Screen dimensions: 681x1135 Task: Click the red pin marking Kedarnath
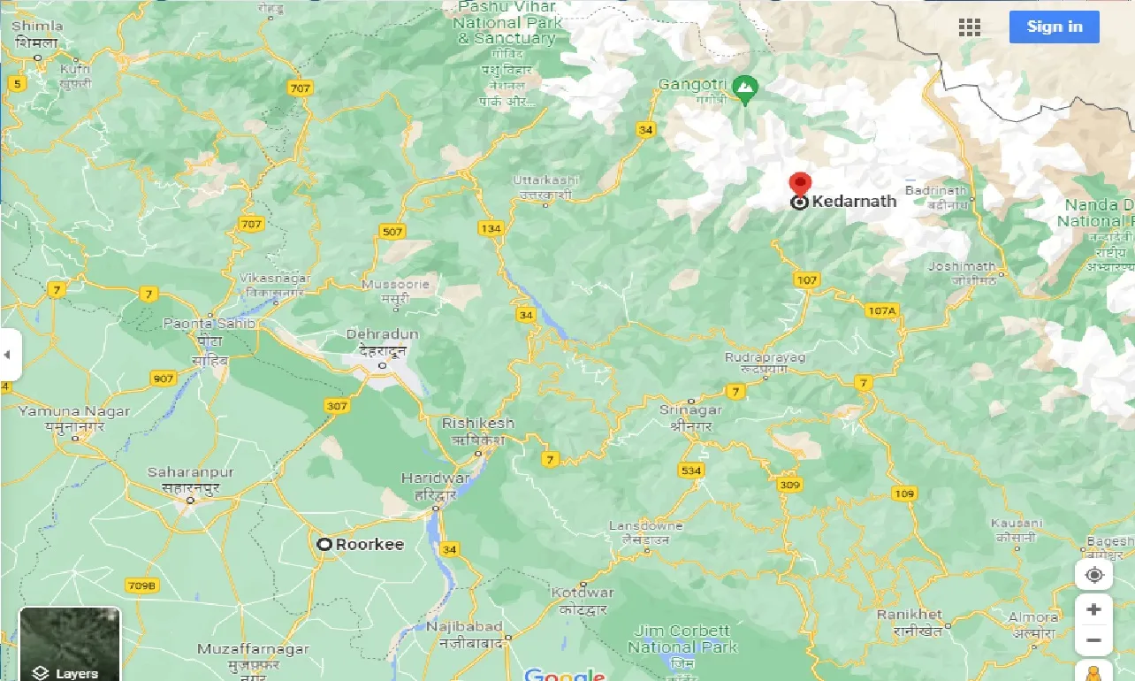[x=800, y=184]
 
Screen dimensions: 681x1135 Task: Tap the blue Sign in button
[x=1054, y=27]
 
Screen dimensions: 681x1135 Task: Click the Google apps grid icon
[x=970, y=27]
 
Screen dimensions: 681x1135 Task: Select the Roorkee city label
[x=369, y=545]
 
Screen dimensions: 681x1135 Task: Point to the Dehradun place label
[x=382, y=334]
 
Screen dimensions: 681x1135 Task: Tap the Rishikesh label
[x=477, y=425]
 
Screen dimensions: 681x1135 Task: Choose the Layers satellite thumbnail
[x=70, y=643]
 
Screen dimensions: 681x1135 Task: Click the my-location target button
[x=1093, y=576]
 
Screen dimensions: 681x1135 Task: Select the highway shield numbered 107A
[x=881, y=310]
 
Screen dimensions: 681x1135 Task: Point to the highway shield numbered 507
[x=392, y=232]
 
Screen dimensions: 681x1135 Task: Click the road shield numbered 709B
[x=141, y=585]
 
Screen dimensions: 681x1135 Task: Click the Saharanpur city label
[x=190, y=473]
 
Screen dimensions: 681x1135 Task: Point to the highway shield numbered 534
[x=690, y=471]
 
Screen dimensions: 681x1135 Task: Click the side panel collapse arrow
[x=7, y=355]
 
